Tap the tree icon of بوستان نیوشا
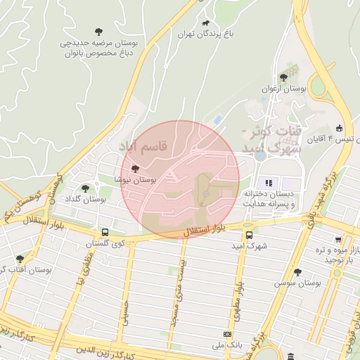click(x=135, y=169)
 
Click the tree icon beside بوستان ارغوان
click(x=283, y=77)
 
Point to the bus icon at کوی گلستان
click(x=105, y=232)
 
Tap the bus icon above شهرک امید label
click(x=249, y=236)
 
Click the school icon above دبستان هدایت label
click(x=269, y=183)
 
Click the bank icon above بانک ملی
click(x=227, y=334)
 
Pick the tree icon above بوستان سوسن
click(x=297, y=271)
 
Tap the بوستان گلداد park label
click(x=85, y=200)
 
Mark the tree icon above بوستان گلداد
click(x=86, y=188)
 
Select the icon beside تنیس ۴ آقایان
click(x=340, y=128)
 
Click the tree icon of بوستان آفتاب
click(x=20, y=259)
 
